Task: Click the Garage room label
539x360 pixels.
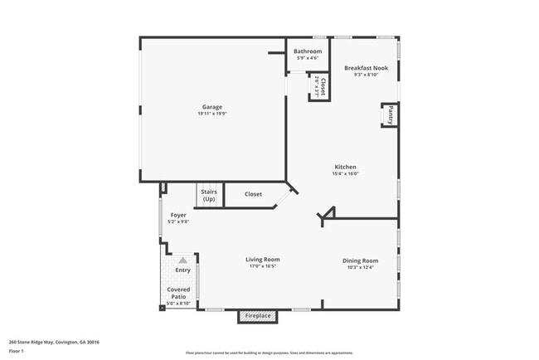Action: pos(212,106)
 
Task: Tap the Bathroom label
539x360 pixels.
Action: pos(308,51)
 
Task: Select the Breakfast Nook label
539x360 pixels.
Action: pos(367,68)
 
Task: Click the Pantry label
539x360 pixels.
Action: pos(388,114)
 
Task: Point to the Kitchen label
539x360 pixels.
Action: pos(345,167)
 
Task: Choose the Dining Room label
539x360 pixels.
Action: pos(360,260)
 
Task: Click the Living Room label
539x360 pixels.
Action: pos(263,260)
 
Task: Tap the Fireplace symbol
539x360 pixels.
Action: pos(257,316)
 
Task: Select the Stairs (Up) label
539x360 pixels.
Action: pos(208,197)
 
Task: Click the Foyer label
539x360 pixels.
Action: pos(178,215)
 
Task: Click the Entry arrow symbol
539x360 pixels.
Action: pos(182,260)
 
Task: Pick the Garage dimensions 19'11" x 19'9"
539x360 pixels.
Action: pos(212,114)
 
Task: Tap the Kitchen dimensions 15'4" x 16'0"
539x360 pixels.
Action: pos(345,174)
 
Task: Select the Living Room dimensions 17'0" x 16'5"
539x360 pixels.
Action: pos(263,267)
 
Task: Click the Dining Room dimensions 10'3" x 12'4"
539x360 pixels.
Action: pos(360,268)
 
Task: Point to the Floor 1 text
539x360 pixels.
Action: pos(17,351)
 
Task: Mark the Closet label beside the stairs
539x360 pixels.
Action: pos(253,194)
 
